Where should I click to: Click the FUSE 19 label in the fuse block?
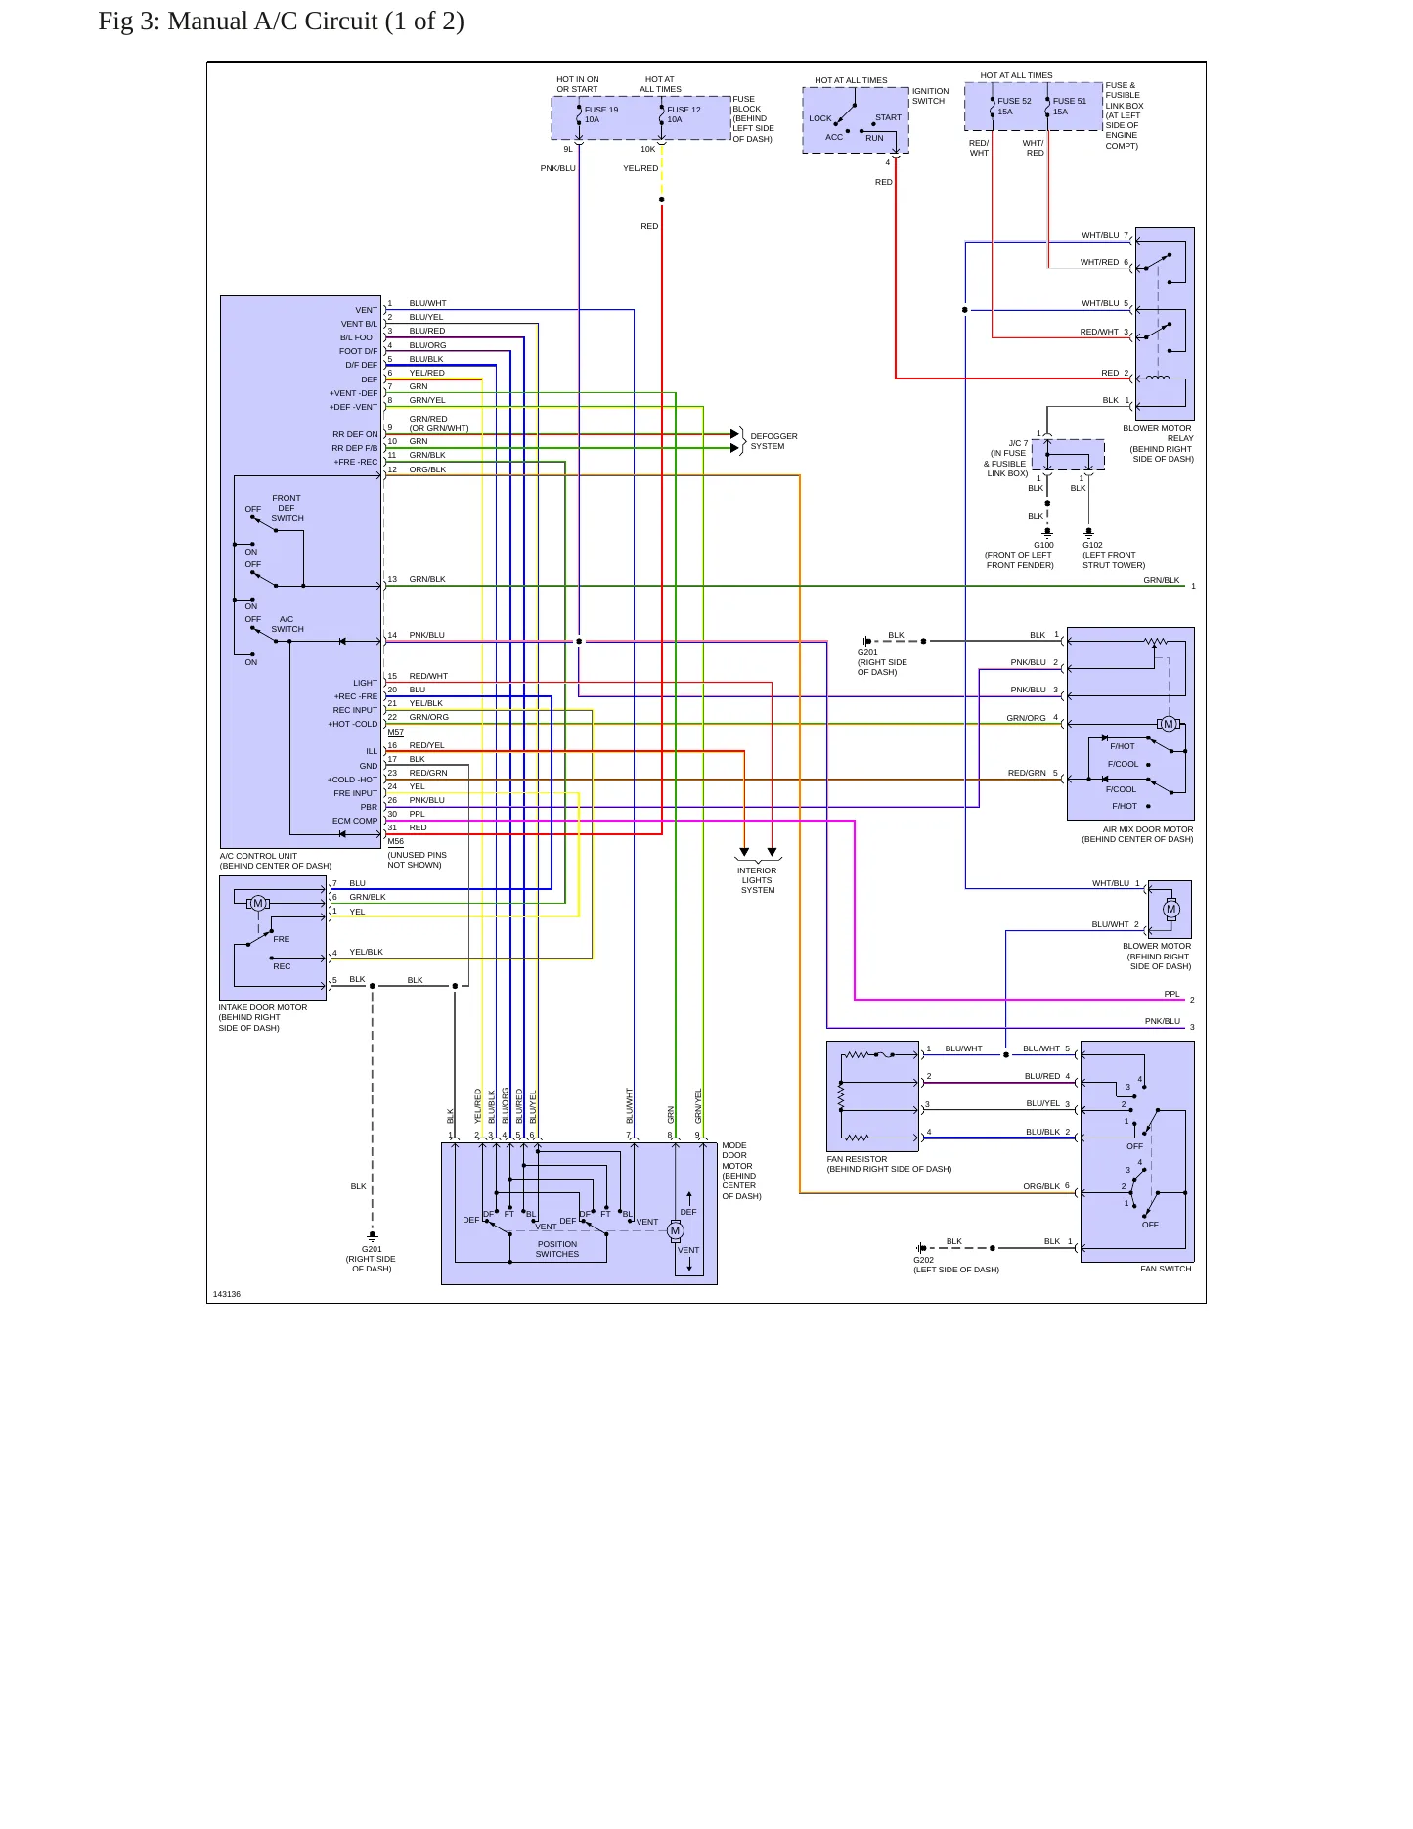click(x=601, y=110)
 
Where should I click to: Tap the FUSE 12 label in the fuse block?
click(x=684, y=110)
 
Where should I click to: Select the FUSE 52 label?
click(x=1014, y=101)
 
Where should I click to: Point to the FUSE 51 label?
click(x=1070, y=101)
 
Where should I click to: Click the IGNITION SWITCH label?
click(x=930, y=96)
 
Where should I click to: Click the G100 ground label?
click(x=1043, y=545)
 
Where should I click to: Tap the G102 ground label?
click(x=1092, y=545)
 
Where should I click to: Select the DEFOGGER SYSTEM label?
click(x=773, y=441)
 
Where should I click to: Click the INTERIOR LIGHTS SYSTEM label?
click(x=757, y=880)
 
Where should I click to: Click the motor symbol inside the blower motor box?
click(x=1170, y=909)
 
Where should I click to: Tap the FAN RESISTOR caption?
click(x=857, y=1159)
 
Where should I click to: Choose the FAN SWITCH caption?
click(x=1166, y=1269)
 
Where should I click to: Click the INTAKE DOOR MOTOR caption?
click(x=263, y=1007)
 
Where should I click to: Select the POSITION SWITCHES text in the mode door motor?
click(x=557, y=1249)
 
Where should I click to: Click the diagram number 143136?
click(x=227, y=1294)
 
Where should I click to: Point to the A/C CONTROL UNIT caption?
click(x=258, y=856)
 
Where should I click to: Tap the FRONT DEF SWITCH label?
click(x=287, y=509)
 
